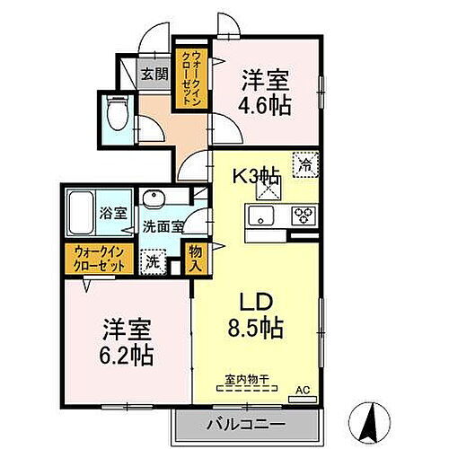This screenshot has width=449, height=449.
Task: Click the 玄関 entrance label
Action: [148, 75]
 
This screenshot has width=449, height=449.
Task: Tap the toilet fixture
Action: [116, 114]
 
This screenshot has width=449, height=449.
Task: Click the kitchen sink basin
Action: [262, 216]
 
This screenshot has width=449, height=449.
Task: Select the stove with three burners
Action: [304, 216]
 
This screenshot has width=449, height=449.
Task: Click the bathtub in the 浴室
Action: [80, 209]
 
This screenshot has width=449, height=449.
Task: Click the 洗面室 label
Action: [163, 226]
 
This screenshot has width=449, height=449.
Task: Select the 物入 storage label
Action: [196, 258]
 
